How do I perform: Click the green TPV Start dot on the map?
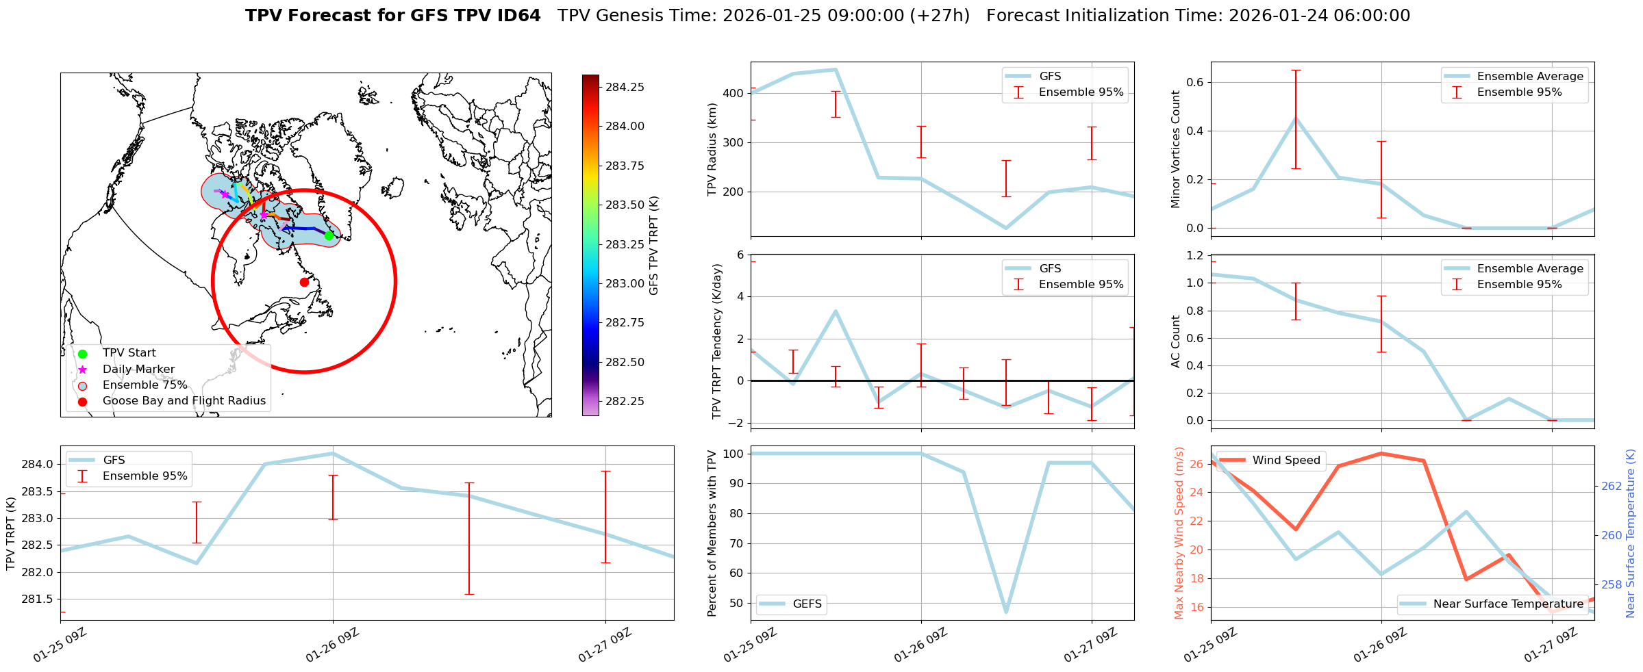click(329, 235)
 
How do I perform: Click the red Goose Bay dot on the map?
click(304, 282)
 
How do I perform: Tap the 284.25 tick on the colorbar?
click(625, 87)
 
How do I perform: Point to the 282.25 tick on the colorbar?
click(625, 401)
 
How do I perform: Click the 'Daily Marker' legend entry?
click(138, 369)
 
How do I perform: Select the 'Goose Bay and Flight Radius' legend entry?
click(184, 401)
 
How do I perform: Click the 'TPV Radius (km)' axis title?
click(712, 149)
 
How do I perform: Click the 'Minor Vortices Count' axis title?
click(1175, 149)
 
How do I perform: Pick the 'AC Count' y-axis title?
click(1175, 341)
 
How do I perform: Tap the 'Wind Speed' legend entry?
click(1285, 461)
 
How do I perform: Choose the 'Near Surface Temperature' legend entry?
click(1508, 604)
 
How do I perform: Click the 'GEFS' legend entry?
click(807, 604)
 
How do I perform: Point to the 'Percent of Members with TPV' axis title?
click(712, 533)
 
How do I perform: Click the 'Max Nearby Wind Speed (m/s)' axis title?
click(1179, 533)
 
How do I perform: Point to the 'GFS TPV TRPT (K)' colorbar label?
click(654, 245)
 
